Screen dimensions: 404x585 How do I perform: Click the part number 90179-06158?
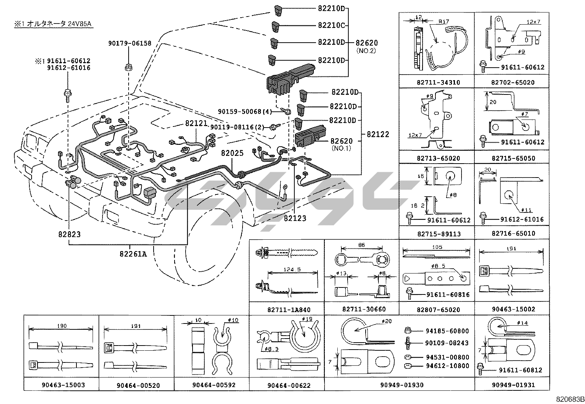click(129, 43)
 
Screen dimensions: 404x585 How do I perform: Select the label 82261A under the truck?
click(133, 254)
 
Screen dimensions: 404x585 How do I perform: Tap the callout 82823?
click(69, 234)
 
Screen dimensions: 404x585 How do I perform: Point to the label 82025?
click(232, 153)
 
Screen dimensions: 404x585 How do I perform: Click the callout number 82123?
click(295, 218)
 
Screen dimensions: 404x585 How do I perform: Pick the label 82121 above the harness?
click(196, 124)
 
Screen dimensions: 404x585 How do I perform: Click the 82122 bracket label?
click(377, 135)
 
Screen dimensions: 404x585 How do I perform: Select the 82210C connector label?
click(331, 25)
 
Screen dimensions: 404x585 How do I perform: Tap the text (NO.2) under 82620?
click(366, 50)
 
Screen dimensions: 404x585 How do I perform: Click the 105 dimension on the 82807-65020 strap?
click(437, 247)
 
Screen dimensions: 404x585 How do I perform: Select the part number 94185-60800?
click(447, 331)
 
